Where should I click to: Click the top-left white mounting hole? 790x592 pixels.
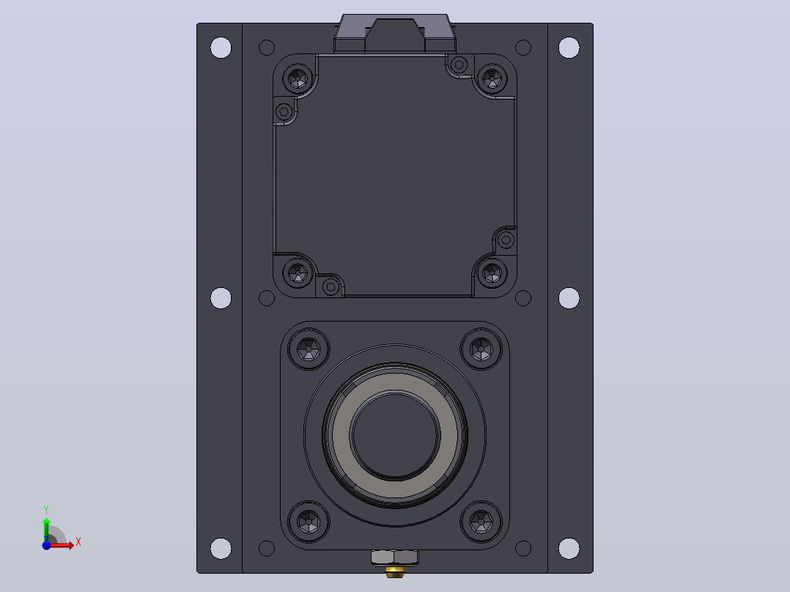tap(221, 48)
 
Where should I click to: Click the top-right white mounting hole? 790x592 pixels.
tap(569, 48)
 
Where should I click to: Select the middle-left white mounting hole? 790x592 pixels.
tap(221, 297)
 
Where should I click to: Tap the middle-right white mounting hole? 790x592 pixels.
tap(569, 297)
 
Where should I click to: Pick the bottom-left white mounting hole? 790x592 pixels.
tap(221, 548)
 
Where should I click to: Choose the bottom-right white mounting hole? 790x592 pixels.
tap(569, 548)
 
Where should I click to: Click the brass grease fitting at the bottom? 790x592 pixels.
tap(394, 571)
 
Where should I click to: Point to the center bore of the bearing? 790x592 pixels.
tap(395, 434)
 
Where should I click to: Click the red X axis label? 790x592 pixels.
tap(78, 542)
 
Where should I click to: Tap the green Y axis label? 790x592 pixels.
tap(46, 509)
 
